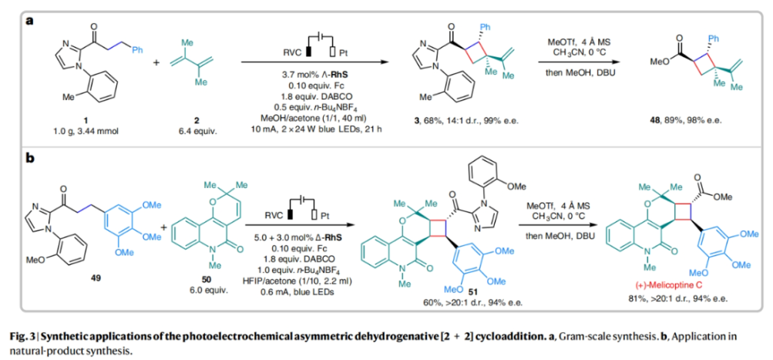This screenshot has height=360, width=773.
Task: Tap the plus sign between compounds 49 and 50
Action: click(x=163, y=226)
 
